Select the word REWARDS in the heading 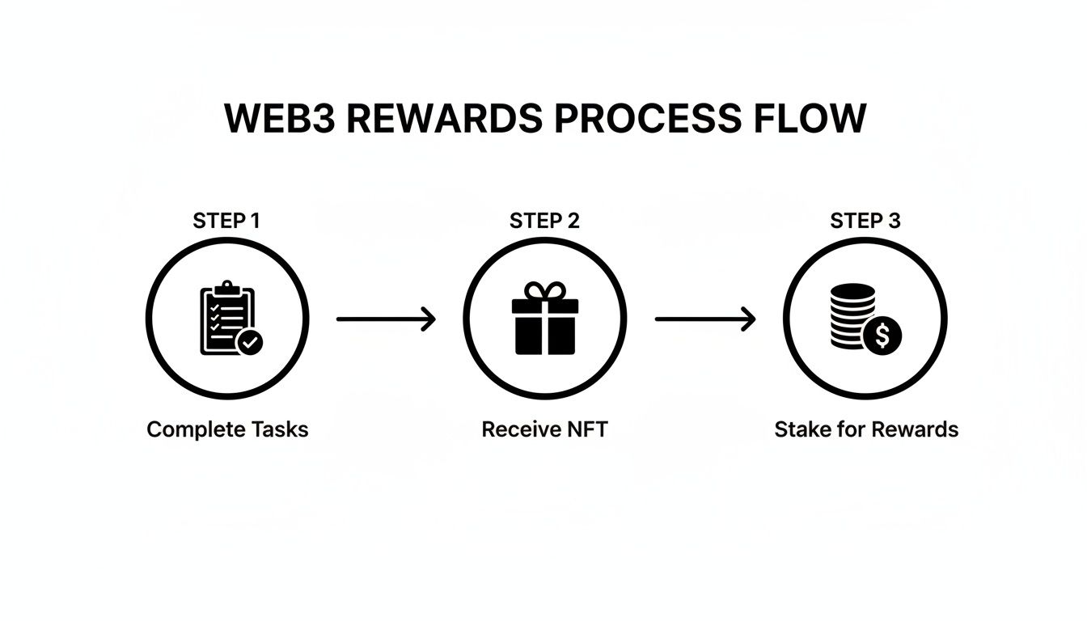(444, 119)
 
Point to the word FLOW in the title (810, 119)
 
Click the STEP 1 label (226, 221)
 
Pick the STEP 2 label (544, 221)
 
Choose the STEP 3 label (865, 221)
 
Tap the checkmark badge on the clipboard (251, 343)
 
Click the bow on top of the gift (545, 290)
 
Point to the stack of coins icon (852, 315)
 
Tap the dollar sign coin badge (882, 334)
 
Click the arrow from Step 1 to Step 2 (386, 319)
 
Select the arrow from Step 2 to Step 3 (704, 319)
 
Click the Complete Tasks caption (227, 429)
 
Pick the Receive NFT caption (544, 429)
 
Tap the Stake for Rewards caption (866, 429)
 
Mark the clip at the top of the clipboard (226, 287)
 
